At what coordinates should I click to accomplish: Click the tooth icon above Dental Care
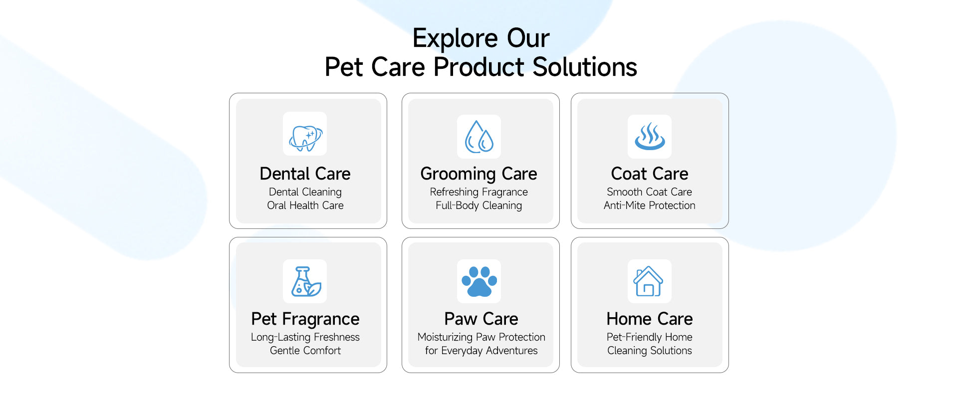(x=305, y=137)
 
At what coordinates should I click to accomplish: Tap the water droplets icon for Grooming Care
(x=479, y=137)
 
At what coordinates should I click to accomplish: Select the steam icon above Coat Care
(x=650, y=137)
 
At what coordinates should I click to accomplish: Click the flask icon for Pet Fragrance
(x=305, y=282)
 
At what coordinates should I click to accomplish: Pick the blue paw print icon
(x=479, y=281)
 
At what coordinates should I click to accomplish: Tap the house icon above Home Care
(x=648, y=281)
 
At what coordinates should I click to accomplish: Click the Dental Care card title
(x=305, y=174)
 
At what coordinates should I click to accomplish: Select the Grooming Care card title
(x=479, y=174)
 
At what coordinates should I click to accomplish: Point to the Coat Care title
(x=650, y=174)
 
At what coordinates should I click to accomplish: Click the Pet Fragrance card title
(x=305, y=319)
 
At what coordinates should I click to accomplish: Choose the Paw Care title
(x=481, y=319)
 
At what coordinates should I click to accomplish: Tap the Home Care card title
(x=650, y=319)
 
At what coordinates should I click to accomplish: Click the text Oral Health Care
(x=305, y=205)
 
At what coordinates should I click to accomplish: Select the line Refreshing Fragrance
(x=479, y=193)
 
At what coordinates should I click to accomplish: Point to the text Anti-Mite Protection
(x=650, y=205)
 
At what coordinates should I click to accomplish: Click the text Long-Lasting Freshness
(x=305, y=338)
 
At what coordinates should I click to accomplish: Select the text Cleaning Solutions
(x=650, y=351)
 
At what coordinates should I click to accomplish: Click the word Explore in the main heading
(x=455, y=39)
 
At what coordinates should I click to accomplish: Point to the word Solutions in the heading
(x=585, y=67)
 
